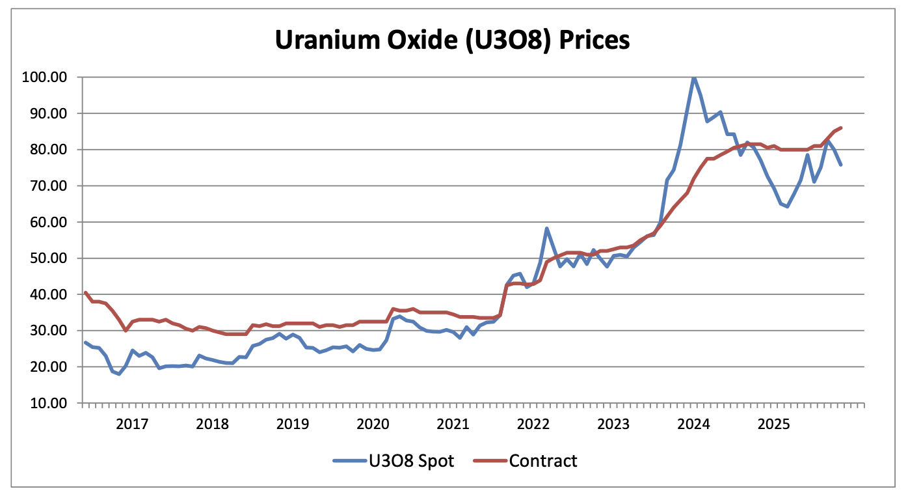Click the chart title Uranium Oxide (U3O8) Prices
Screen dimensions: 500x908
click(452, 40)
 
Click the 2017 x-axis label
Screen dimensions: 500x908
click(131, 424)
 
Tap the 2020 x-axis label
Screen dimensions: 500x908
click(373, 424)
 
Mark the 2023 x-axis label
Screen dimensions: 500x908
click(613, 424)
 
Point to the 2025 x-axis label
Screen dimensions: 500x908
click(774, 424)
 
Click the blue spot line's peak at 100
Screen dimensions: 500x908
click(694, 77)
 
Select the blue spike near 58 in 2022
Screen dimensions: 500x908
click(546, 229)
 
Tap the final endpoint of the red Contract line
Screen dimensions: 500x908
click(841, 128)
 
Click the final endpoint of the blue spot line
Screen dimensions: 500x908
click(841, 165)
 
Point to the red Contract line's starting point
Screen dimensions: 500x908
click(85, 293)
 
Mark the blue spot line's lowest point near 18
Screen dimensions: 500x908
click(119, 374)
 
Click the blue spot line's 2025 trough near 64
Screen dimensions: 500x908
click(788, 206)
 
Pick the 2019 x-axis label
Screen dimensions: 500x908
click(292, 424)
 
